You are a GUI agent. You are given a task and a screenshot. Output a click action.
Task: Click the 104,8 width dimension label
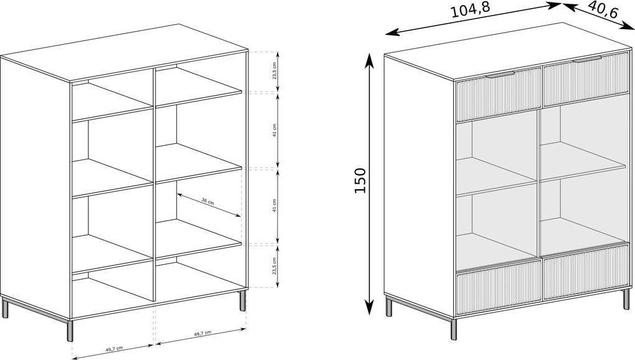[x=471, y=10]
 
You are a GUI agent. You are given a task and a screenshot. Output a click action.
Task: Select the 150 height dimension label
[x=360, y=180]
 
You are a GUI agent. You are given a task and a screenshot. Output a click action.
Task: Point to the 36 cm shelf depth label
[x=208, y=201]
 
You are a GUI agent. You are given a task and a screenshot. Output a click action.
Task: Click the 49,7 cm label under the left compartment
[x=114, y=348]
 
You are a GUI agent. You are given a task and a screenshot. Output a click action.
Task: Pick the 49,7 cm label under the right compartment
[x=202, y=333]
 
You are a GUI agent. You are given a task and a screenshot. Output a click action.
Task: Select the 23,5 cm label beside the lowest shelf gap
[x=274, y=266]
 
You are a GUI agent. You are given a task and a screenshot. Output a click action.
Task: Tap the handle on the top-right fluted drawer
[x=587, y=60]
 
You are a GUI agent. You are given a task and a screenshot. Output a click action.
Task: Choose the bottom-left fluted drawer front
[x=499, y=287]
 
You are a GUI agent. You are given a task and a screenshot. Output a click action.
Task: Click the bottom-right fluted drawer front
[x=588, y=272]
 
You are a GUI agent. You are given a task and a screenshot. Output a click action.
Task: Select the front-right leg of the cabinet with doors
[x=626, y=298]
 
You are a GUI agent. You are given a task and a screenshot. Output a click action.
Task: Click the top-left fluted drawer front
[x=499, y=95]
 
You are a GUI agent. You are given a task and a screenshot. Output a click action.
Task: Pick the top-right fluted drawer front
[x=588, y=79]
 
